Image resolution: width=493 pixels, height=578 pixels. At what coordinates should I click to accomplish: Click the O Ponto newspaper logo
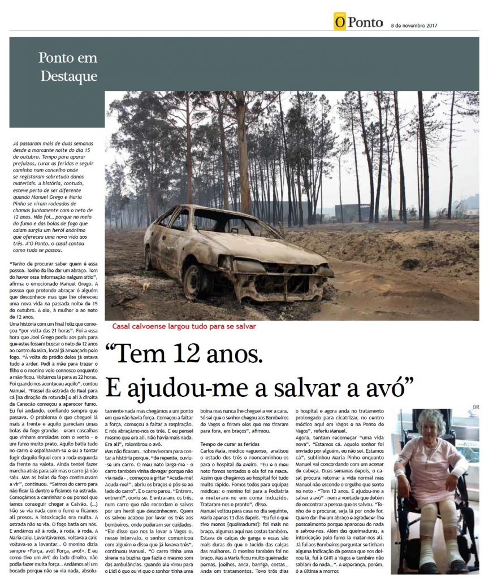coord(358,22)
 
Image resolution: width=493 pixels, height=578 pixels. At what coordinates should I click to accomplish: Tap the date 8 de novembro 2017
coord(415,25)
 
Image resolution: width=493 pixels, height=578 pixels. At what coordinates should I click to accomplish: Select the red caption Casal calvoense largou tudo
coord(184,326)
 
